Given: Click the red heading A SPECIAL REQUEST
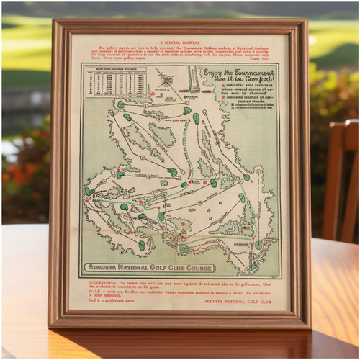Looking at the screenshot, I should click(x=181, y=42).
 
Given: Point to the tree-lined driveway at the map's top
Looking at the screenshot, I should click(x=192, y=79).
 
